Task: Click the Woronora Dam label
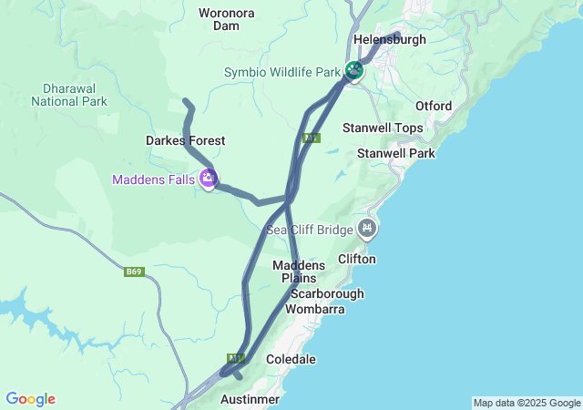coord(226,19)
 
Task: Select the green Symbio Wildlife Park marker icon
coord(353,70)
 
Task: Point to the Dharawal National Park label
coord(68,95)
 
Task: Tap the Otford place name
coord(434,106)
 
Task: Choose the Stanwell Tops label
coord(383,128)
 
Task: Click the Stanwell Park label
coord(396,153)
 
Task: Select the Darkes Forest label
coord(185,140)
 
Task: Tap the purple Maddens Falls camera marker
coord(209,179)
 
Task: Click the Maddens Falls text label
coord(153,179)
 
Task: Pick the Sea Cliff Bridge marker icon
coord(367,228)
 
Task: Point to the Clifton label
coord(356,259)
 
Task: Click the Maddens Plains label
coord(294,271)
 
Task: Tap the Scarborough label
coord(327,293)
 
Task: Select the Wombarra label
coord(315,309)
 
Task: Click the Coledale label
coord(291,359)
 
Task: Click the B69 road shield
coord(135,272)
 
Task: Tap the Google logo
coord(30,399)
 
